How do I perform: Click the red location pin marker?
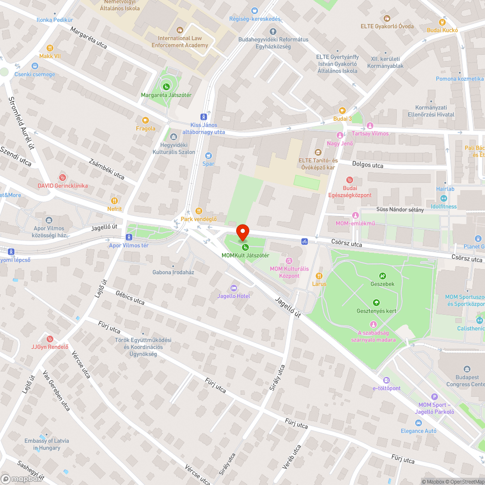tap(242, 232)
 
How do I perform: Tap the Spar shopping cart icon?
tap(209, 156)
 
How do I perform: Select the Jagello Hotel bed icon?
tap(234, 288)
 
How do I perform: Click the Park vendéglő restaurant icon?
tap(198, 211)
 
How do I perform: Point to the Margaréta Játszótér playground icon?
tap(166, 87)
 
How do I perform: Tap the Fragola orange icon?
tap(145, 120)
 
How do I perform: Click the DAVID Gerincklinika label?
tap(63, 185)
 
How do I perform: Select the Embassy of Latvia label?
tap(47, 444)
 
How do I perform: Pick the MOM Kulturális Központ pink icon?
tap(289, 261)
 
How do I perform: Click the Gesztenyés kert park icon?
tap(376, 303)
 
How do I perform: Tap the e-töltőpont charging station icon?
tap(386, 380)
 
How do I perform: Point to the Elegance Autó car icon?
tap(418, 423)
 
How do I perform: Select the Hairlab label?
tap(445, 189)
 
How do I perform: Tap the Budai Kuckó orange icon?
tap(442, 22)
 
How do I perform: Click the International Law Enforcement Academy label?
tap(180, 42)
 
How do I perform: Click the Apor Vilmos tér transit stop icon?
tap(129, 237)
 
